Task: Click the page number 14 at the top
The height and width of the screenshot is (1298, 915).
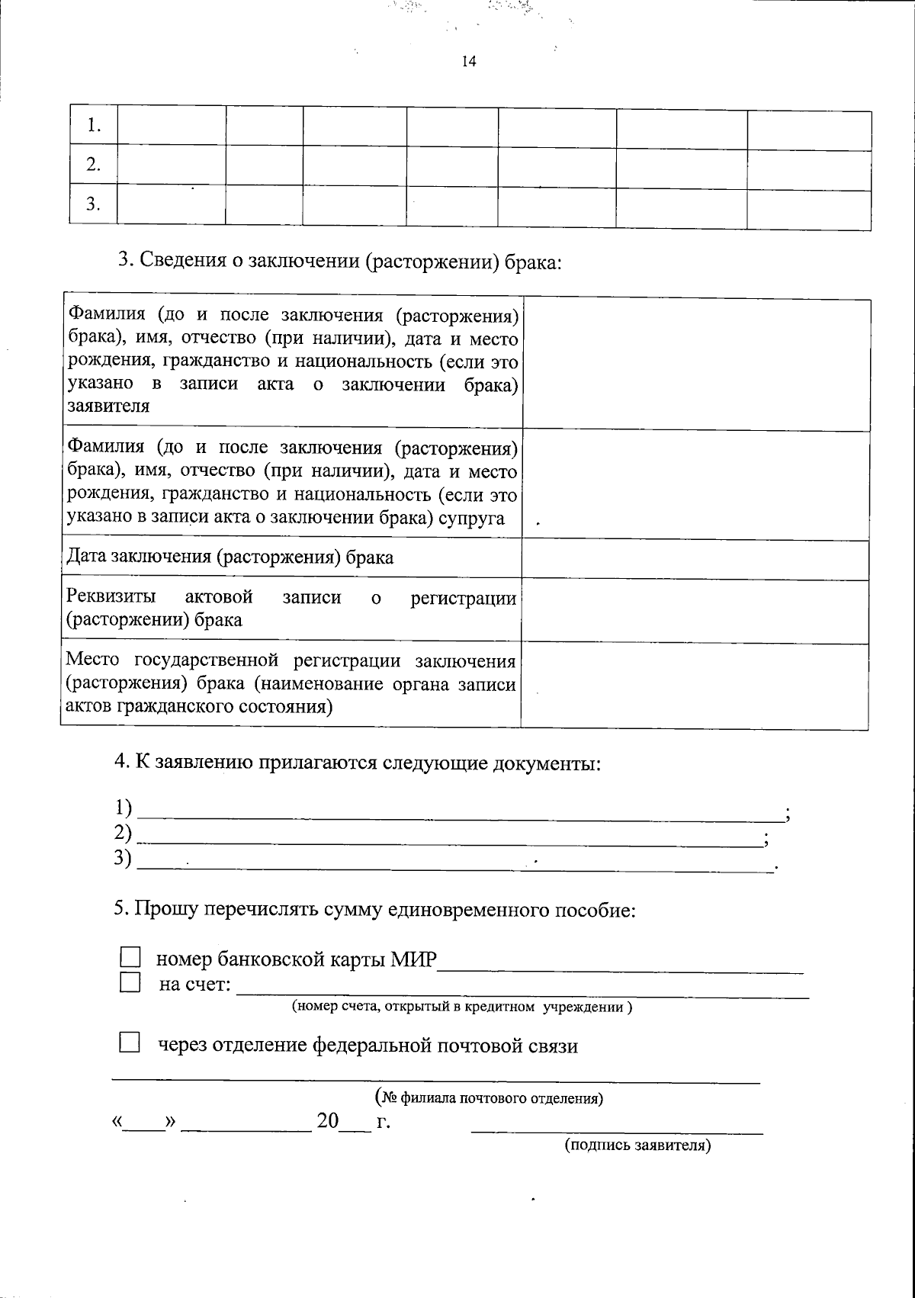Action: (468, 62)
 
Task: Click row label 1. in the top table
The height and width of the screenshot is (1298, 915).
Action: (94, 126)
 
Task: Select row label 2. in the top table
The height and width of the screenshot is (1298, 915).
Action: (94, 165)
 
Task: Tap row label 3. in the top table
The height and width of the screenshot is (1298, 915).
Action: (94, 204)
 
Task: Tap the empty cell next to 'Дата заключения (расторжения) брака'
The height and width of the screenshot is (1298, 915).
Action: (695, 558)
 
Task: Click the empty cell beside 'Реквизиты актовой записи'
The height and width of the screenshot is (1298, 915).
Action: (695, 612)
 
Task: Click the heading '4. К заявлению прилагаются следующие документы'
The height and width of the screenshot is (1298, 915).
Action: (357, 763)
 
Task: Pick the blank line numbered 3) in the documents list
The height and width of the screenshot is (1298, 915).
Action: (456, 862)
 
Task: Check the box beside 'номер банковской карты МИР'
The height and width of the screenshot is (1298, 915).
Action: (130, 959)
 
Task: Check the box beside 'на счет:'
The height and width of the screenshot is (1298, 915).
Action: (130, 983)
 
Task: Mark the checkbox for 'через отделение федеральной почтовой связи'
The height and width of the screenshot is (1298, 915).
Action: (130, 1044)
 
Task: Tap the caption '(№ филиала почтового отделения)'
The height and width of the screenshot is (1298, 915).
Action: (490, 1099)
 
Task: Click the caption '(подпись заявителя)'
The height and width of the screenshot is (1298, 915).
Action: (637, 1145)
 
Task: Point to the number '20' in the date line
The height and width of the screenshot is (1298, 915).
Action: (328, 1121)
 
